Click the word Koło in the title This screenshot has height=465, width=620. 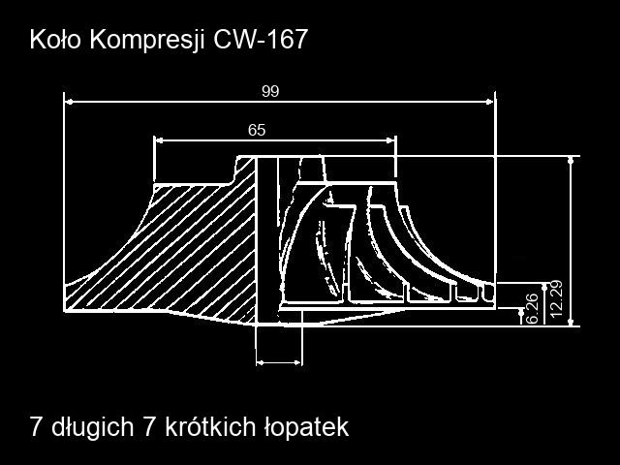point(55,40)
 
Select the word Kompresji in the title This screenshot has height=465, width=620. point(147,41)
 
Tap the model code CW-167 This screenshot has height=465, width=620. point(261,40)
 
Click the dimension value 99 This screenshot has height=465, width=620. point(270,91)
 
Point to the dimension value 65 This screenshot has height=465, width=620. point(257,130)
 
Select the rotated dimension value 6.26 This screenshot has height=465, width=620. point(533,308)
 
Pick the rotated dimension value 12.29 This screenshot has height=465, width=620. point(555,299)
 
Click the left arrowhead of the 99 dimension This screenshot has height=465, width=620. point(69,102)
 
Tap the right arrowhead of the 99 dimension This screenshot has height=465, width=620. point(489,102)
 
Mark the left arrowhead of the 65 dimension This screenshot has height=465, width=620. point(159,139)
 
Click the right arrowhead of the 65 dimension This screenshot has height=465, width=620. point(390,139)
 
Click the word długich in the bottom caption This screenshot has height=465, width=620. point(93,427)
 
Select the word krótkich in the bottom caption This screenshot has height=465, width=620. point(210,426)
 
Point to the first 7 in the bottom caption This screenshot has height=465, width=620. point(36,427)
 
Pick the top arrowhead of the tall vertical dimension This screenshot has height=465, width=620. point(571,160)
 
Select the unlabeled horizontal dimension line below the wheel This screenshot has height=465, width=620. point(279,362)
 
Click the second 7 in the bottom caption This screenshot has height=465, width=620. point(149,427)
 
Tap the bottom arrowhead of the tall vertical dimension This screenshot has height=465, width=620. point(571,322)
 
